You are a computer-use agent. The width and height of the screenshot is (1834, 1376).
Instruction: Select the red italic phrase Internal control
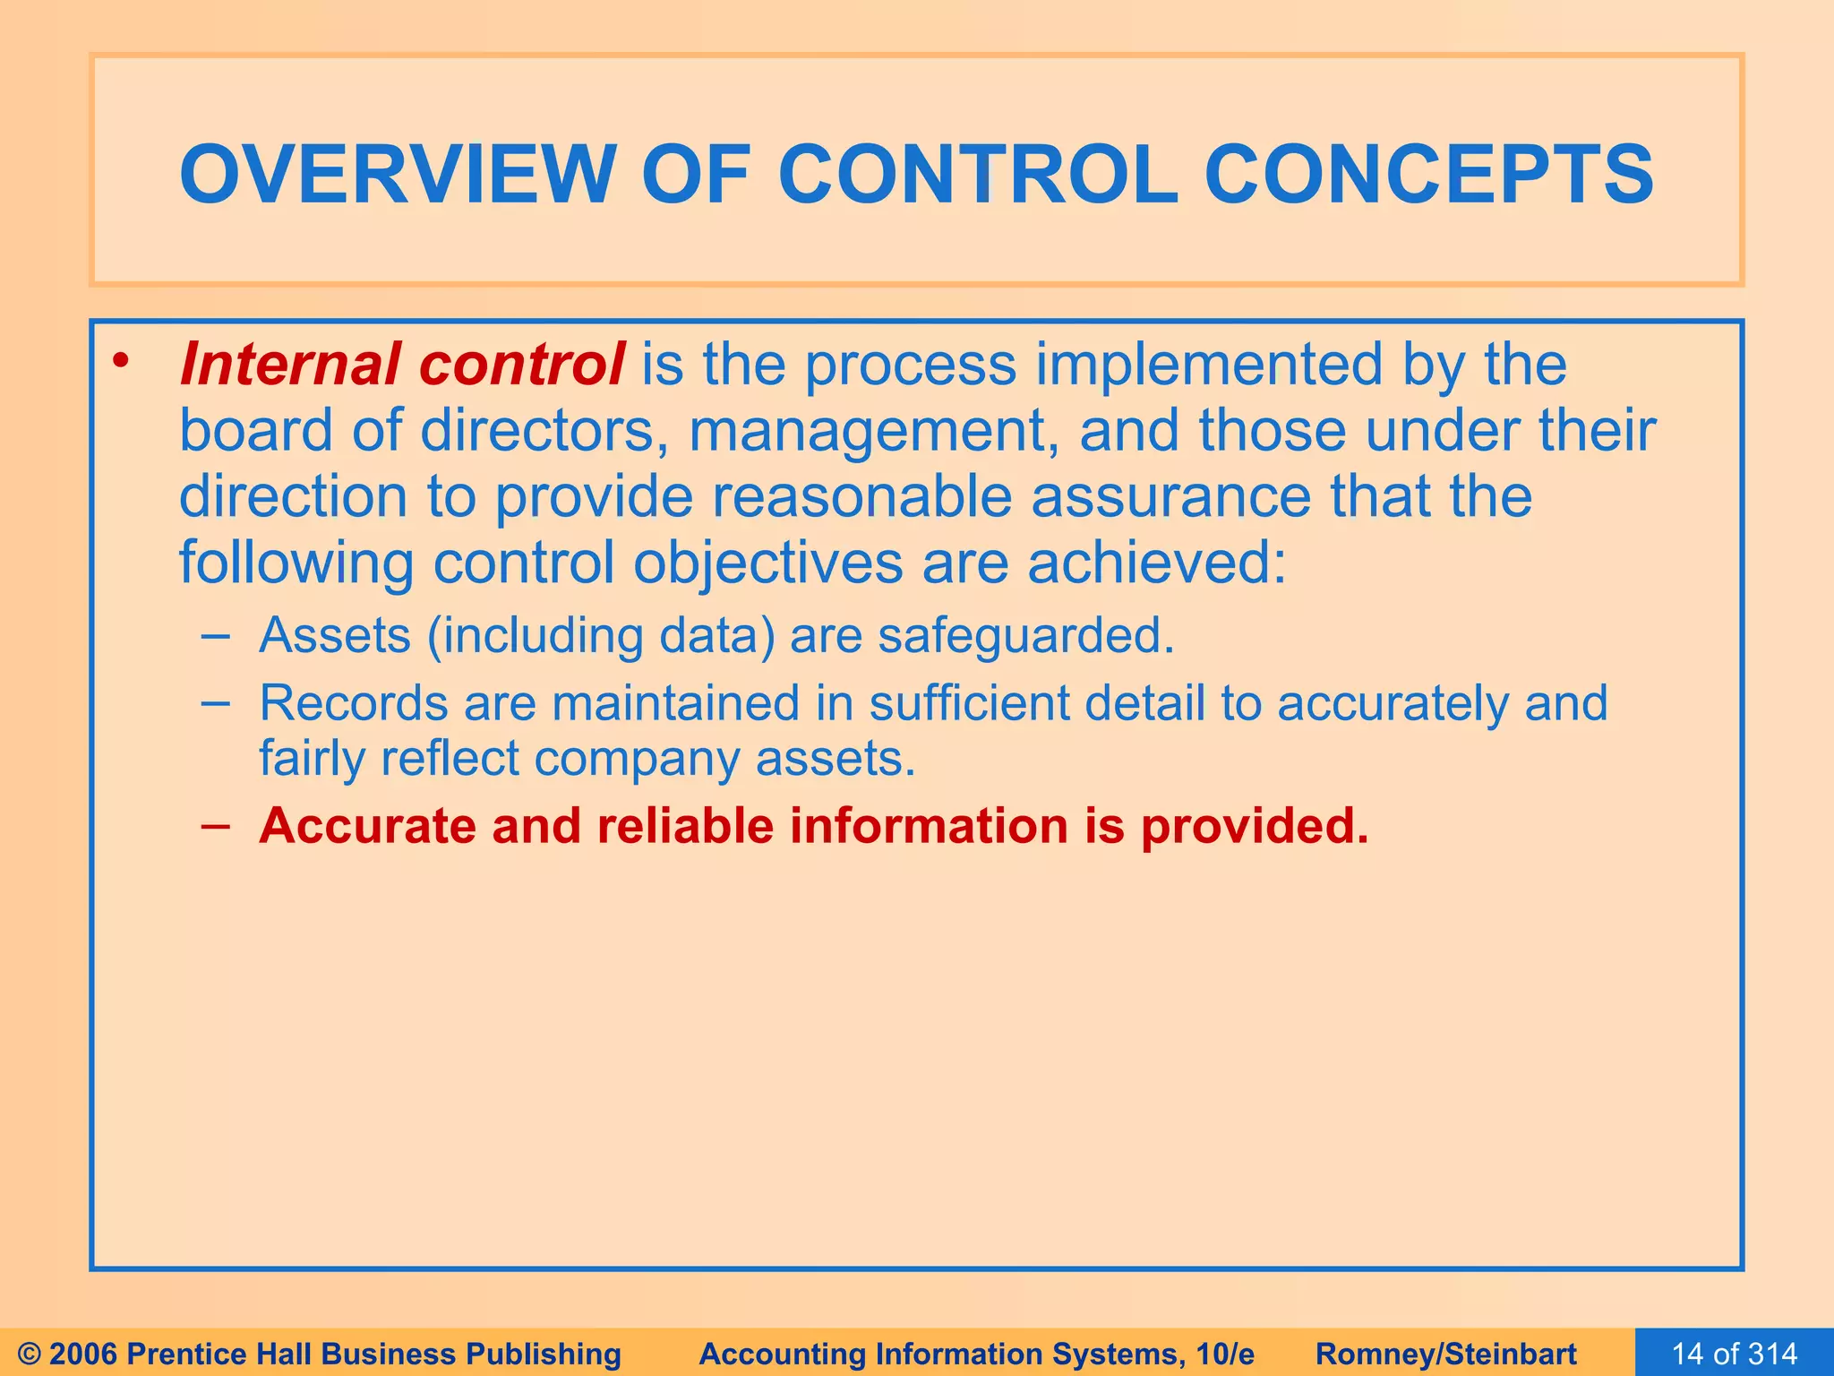[402, 365]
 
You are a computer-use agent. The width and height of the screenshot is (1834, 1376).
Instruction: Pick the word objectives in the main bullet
[767, 563]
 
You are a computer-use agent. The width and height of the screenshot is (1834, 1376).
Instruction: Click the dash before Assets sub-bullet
[216, 636]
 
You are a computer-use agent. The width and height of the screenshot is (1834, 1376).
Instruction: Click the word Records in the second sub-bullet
[353, 702]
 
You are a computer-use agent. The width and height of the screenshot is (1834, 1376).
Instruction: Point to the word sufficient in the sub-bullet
[969, 702]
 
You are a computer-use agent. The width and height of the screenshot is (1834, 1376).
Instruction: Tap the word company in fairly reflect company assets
[637, 758]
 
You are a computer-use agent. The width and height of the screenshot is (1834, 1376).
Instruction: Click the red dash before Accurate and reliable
[216, 825]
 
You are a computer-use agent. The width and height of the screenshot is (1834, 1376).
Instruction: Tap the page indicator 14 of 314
[1734, 1354]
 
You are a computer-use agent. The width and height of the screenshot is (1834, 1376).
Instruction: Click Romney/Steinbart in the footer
[1446, 1354]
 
